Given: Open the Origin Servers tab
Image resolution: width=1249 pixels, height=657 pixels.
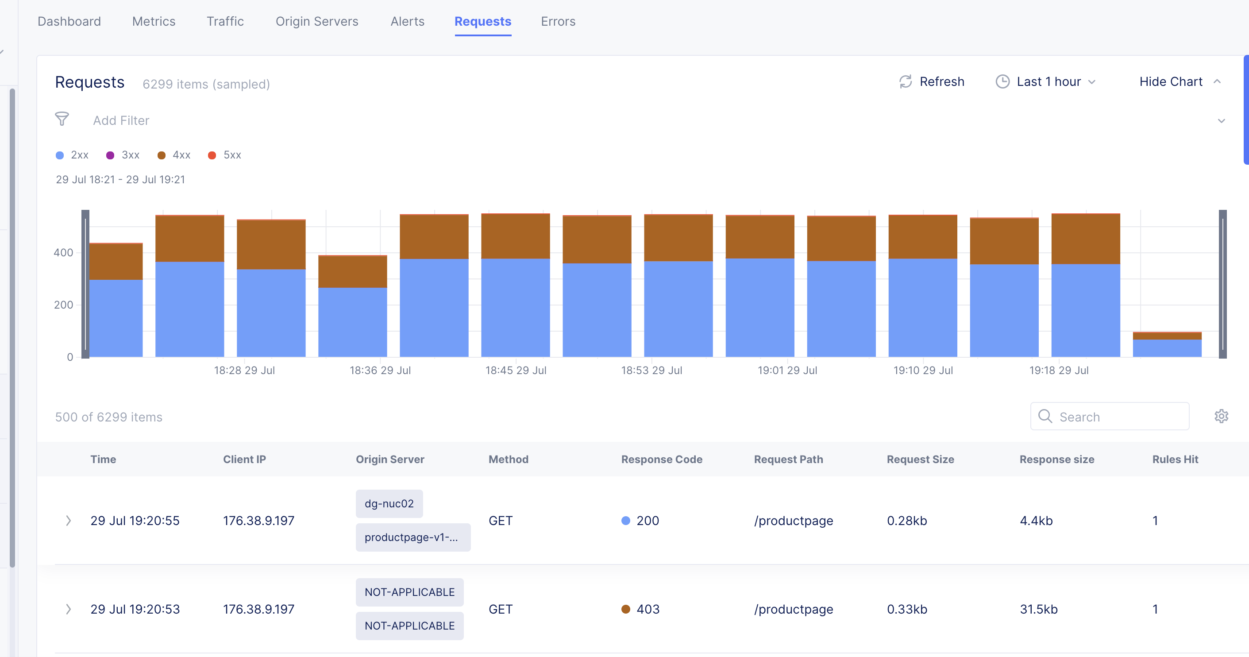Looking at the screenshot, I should tap(316, 21).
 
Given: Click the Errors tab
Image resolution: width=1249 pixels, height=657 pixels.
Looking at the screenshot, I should tap(558, 21).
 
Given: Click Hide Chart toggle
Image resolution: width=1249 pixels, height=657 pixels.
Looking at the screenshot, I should tap(1179, 81).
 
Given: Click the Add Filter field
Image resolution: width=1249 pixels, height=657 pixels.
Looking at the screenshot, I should tap(121, 120).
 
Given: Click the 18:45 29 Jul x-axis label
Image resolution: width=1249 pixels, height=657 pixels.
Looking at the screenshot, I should tap(516, 370).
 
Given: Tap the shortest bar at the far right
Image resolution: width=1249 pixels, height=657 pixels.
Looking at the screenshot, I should tap(1167, 345).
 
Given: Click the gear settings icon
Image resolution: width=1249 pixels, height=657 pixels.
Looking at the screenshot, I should tap(1221, 416).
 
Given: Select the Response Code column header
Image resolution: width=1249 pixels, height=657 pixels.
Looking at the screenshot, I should tap(661, 459).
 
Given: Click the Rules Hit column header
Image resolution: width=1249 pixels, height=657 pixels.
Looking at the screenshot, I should tap(1175, 459).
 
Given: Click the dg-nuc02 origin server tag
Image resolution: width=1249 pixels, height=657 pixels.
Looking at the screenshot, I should tap(389, 503).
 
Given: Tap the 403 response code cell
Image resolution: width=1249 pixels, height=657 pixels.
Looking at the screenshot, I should tap(647, 609).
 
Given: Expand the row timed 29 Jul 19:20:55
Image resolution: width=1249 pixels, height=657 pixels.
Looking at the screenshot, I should tap(68, 520).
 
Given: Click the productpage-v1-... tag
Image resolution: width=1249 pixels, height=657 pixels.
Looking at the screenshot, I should tap(412, 537).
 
